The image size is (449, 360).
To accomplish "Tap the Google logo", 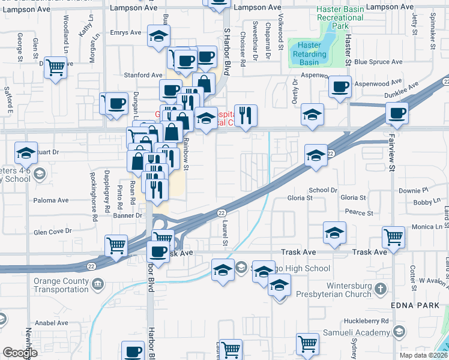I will pyautogui.click(x=20, y=353).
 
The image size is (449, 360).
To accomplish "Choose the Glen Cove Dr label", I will pyautogui.click(x=53, y=230).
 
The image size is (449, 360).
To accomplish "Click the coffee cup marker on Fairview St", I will pyautogui.click(x=397, y=112).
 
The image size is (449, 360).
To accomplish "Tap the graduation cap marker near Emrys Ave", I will pyautogui.click(x=158, y=37).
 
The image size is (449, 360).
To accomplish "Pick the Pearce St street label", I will pyautogui.click(x=360, y=212).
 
